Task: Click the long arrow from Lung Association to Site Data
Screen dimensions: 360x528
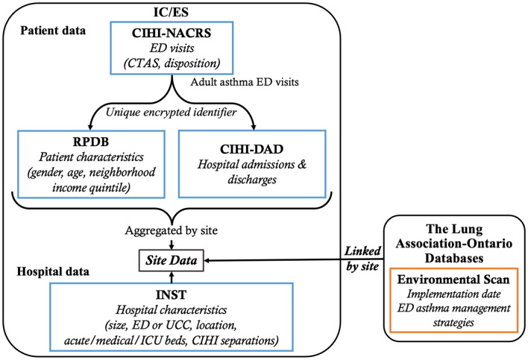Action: click(x=298, y=260)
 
